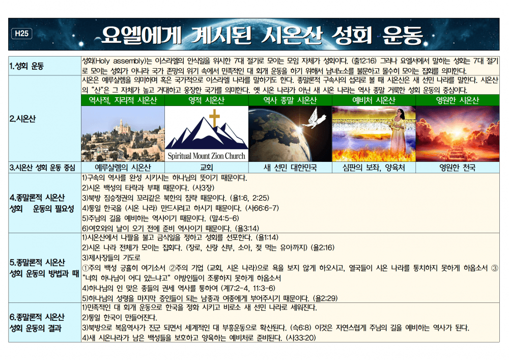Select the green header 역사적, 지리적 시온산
click(123, 100)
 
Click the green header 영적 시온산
click(206, 100)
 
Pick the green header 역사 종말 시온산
click(290, 100)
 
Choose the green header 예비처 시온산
click(374, 100)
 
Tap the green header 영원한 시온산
click(457, 100)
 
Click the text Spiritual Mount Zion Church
click(206, 156)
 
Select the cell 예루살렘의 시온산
click(123, 167)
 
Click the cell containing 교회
click(206, 167)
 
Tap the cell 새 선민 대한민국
click(290, 167)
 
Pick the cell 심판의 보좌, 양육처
click(374, 167)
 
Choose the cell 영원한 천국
click(457, 167)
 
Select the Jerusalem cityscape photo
click(123, 133)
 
